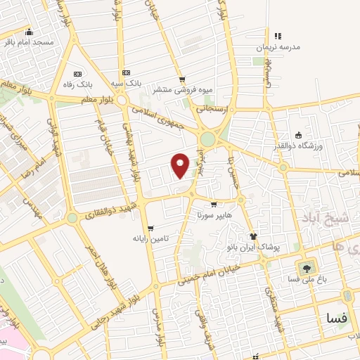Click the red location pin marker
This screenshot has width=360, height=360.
(x=181, y=165)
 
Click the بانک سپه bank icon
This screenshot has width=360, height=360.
(x=126, y=72)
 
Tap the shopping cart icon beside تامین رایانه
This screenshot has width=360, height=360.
(x=150, y=228)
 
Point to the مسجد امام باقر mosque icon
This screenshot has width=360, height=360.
(x=29, y=32)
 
